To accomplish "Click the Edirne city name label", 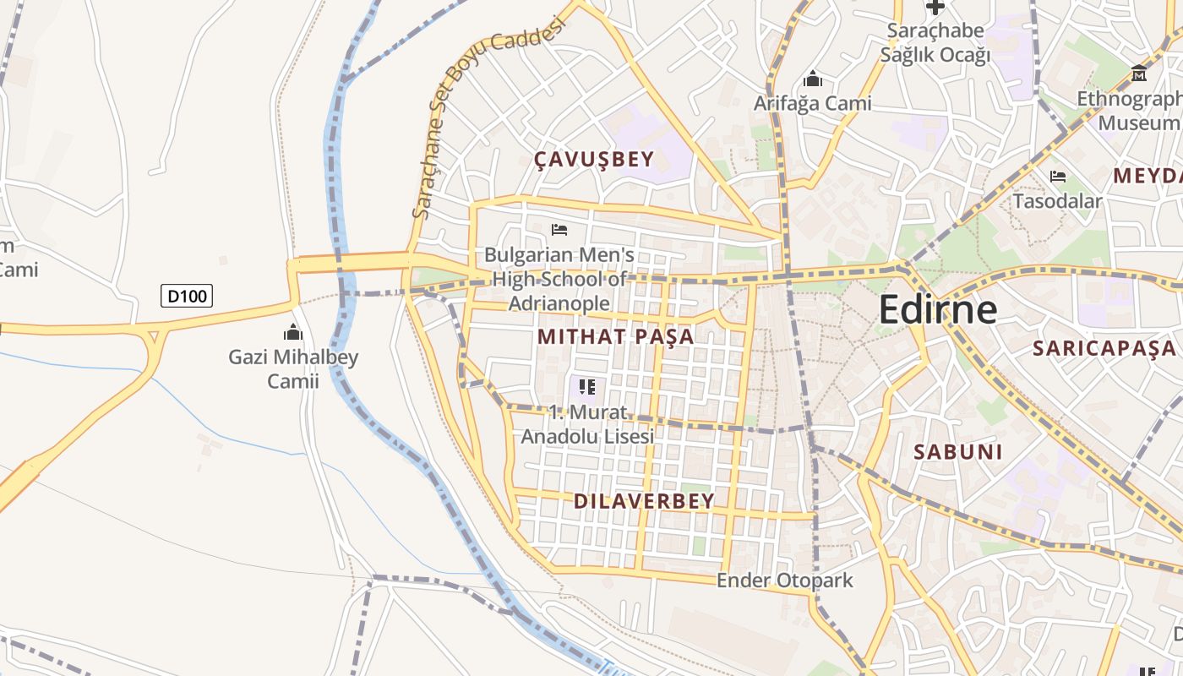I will tap(938, 309).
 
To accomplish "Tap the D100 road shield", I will tap(187, 296).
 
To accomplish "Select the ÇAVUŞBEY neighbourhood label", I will tap(595, 160).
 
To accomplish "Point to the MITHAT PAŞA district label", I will tap(616, 336).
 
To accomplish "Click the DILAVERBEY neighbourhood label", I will tap(644, 501).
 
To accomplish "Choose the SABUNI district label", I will tap(958, 452).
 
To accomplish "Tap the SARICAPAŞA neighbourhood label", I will tap(1104, 348).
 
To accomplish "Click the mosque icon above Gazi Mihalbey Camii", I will tap(293, 331).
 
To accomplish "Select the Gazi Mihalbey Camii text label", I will tap(293, 369).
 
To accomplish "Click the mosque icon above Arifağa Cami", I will tap(813, 79).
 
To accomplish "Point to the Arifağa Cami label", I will tap(812, 103).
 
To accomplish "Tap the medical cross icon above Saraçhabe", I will tap(935, 8).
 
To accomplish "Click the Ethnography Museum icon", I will tap(1139, 74).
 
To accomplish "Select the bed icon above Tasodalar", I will tap(1057, 177).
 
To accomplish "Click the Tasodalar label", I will tap(1057, 201).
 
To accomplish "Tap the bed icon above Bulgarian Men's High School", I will tap(559, 229).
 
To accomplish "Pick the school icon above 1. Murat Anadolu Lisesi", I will tap(587, 387).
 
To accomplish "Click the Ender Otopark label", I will tap(785, 581).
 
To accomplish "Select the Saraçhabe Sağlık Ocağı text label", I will tap(935, 43).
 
